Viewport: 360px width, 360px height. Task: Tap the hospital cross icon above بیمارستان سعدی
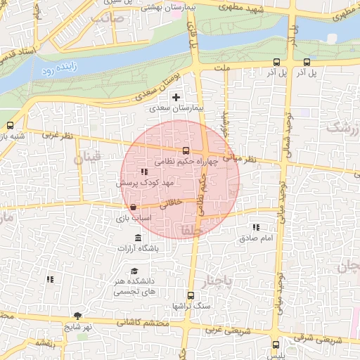(x=176, y=97)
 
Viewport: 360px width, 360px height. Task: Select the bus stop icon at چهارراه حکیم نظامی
(x=186, y=150)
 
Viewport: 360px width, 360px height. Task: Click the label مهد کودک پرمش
(x=145, y=182)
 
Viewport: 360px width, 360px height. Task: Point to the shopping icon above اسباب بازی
(x=134, y=207)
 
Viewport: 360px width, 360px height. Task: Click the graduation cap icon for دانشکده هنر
(x=134, y=271)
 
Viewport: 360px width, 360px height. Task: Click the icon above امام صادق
(x=256, y=227)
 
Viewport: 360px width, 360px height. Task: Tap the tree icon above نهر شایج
(x=77, y=316)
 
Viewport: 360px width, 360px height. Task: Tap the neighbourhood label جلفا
(x=191, y=230)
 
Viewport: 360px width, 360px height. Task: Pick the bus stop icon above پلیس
(x=276, y=344)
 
